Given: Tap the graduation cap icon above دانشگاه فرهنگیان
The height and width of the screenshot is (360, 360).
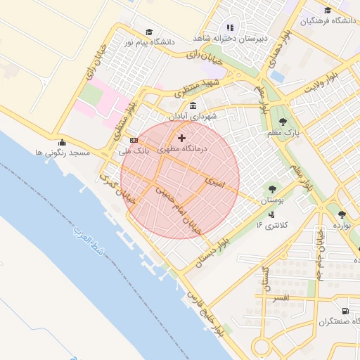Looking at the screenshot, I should coord(328,10).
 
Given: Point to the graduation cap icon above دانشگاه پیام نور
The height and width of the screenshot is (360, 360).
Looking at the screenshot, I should coord(148,32).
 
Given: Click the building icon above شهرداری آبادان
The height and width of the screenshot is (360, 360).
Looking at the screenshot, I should coord(193,105).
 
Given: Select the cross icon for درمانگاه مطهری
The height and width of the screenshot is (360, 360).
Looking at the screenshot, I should coord(182,138).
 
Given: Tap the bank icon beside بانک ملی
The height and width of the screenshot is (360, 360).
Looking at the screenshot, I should coord(134,140).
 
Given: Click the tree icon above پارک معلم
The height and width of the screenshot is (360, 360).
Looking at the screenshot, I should coord(283,122).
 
